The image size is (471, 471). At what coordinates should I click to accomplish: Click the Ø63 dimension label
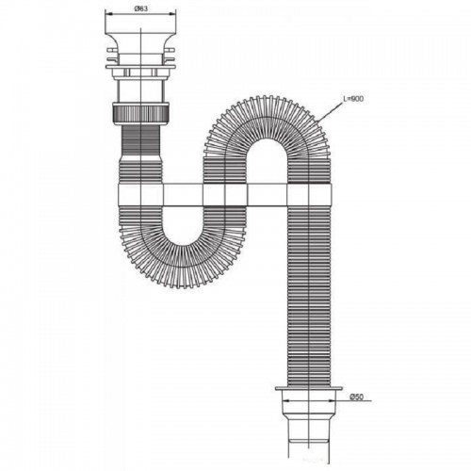(x=140, y=8)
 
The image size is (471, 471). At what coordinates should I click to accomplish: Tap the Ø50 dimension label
(x=356, y=397)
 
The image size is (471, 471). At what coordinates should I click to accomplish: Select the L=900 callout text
(x=353, y=99)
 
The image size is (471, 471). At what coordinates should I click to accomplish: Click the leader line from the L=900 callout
(x=330, y=112)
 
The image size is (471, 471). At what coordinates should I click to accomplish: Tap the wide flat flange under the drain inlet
(x=140, y=67)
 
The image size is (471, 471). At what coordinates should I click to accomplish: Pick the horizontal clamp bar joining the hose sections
(x=225, y=195)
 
